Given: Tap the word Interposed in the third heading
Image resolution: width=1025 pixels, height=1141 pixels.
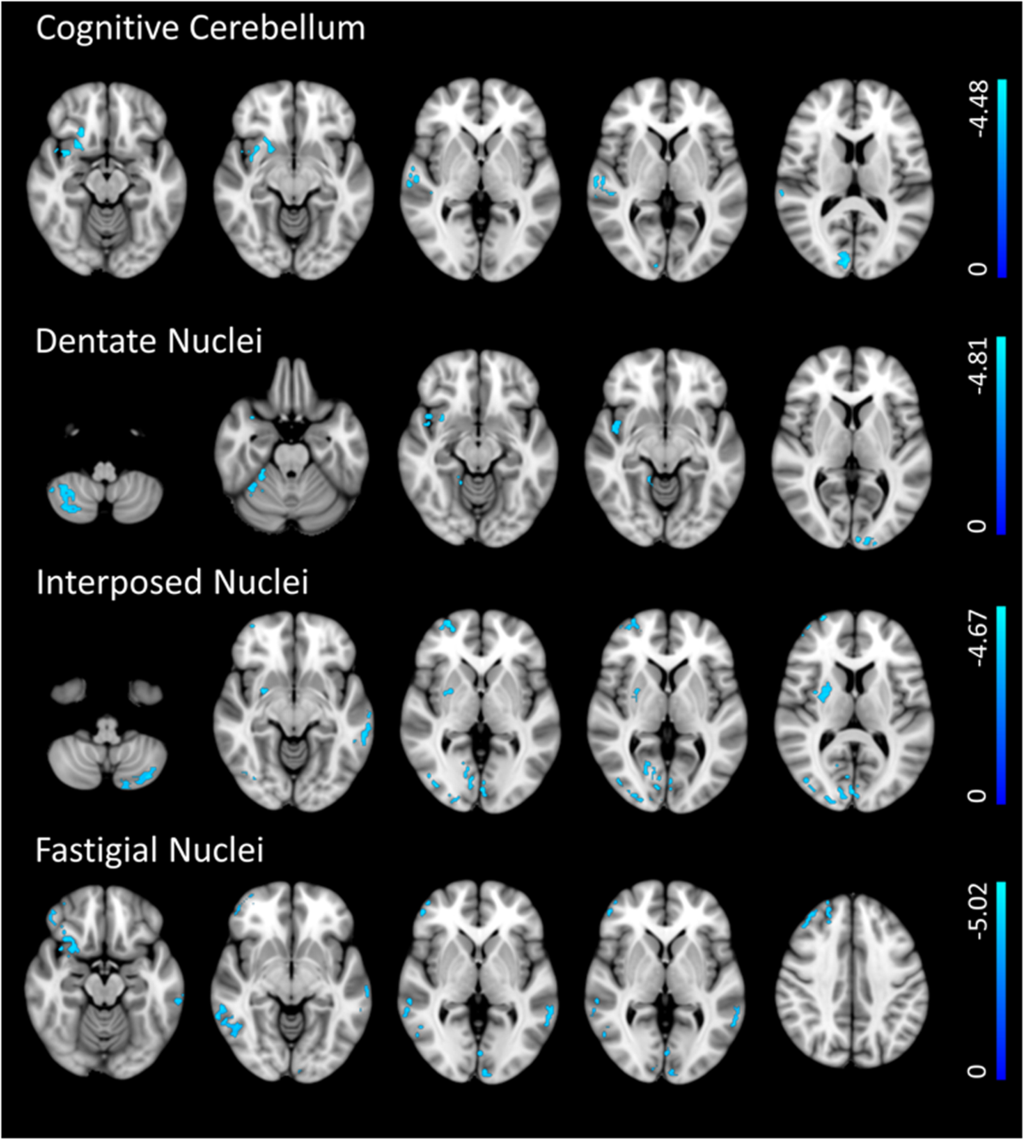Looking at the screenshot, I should (x=120, y=582).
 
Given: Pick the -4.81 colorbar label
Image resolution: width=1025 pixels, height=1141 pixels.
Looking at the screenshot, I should (x=979, y=366).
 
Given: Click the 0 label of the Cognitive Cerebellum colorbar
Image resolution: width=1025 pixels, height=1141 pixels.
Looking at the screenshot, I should (x=979, y=268).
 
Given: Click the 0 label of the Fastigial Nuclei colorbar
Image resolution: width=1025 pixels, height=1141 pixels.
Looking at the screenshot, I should (x=979, y=1071).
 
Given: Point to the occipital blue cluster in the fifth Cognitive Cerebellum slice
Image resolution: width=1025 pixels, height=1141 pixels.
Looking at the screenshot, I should (x=844, y=259).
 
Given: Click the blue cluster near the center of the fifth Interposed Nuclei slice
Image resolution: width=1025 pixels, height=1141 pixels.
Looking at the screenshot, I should (x=825, y=691).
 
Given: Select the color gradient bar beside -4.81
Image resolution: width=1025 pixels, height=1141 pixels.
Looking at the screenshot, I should (x=1001, y=435).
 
